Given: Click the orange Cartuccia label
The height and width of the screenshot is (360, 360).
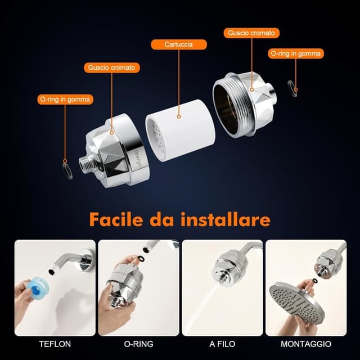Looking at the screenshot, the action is click(179, 44).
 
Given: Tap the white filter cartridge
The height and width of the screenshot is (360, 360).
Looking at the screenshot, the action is click(181, 130).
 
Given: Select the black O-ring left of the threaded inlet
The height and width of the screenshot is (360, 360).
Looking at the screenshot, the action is click(67, 171).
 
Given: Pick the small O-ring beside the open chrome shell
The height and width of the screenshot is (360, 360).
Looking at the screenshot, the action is click(292, 88).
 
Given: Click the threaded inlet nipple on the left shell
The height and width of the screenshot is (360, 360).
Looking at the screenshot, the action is click(85, 163).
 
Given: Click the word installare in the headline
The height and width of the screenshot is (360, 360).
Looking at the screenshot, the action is click(225, 219).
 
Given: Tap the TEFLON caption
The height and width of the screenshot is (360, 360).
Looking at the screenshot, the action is click(55, 344).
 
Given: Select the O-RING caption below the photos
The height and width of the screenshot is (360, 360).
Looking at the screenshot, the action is click(138, 344).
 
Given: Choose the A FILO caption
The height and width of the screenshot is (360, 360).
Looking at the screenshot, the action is click(222, 344).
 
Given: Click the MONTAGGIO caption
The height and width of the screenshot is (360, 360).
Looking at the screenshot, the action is click(306, 344).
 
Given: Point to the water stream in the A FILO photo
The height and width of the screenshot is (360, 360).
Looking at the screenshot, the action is click(201, 307).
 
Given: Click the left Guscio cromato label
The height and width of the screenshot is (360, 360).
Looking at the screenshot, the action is click(112, 67).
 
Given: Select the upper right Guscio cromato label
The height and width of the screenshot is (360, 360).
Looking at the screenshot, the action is click(251, 33).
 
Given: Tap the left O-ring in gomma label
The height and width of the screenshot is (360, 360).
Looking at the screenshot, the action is click(65, 100).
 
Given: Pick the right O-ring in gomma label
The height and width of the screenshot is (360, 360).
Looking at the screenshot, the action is click(296, 53).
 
